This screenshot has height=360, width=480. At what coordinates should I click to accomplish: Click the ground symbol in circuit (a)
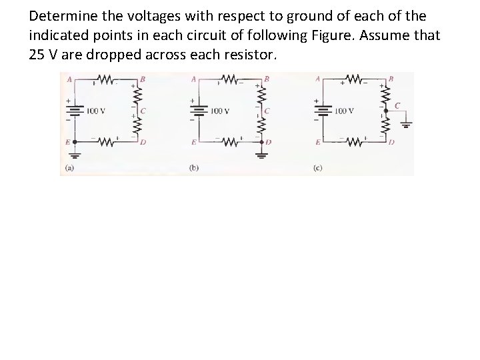click(x=75, y=156)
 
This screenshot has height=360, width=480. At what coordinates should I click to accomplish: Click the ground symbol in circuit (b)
click(x=262, y=155)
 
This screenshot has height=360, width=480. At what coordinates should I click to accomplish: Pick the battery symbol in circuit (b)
click(x=199, y=110)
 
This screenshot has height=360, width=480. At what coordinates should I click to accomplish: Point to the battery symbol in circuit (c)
click(x=323, y=110)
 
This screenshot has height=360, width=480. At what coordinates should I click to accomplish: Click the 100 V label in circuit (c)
click(x=345, y=111)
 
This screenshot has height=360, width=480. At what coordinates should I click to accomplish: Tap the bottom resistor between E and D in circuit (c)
click(x=353, y=141)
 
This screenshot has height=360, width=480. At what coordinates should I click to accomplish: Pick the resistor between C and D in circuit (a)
click(x=137, y=127)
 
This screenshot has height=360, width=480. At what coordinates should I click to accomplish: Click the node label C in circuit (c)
click(x=398, y=105)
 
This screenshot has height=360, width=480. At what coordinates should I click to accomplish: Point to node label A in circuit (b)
click(x=193, y=79)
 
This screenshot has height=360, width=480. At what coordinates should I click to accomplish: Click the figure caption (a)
click(x=69, y=168)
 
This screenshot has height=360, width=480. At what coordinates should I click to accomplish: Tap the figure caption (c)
click(x=317, y=168)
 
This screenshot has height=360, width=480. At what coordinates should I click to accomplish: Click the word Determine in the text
click(x=60, y=15)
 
